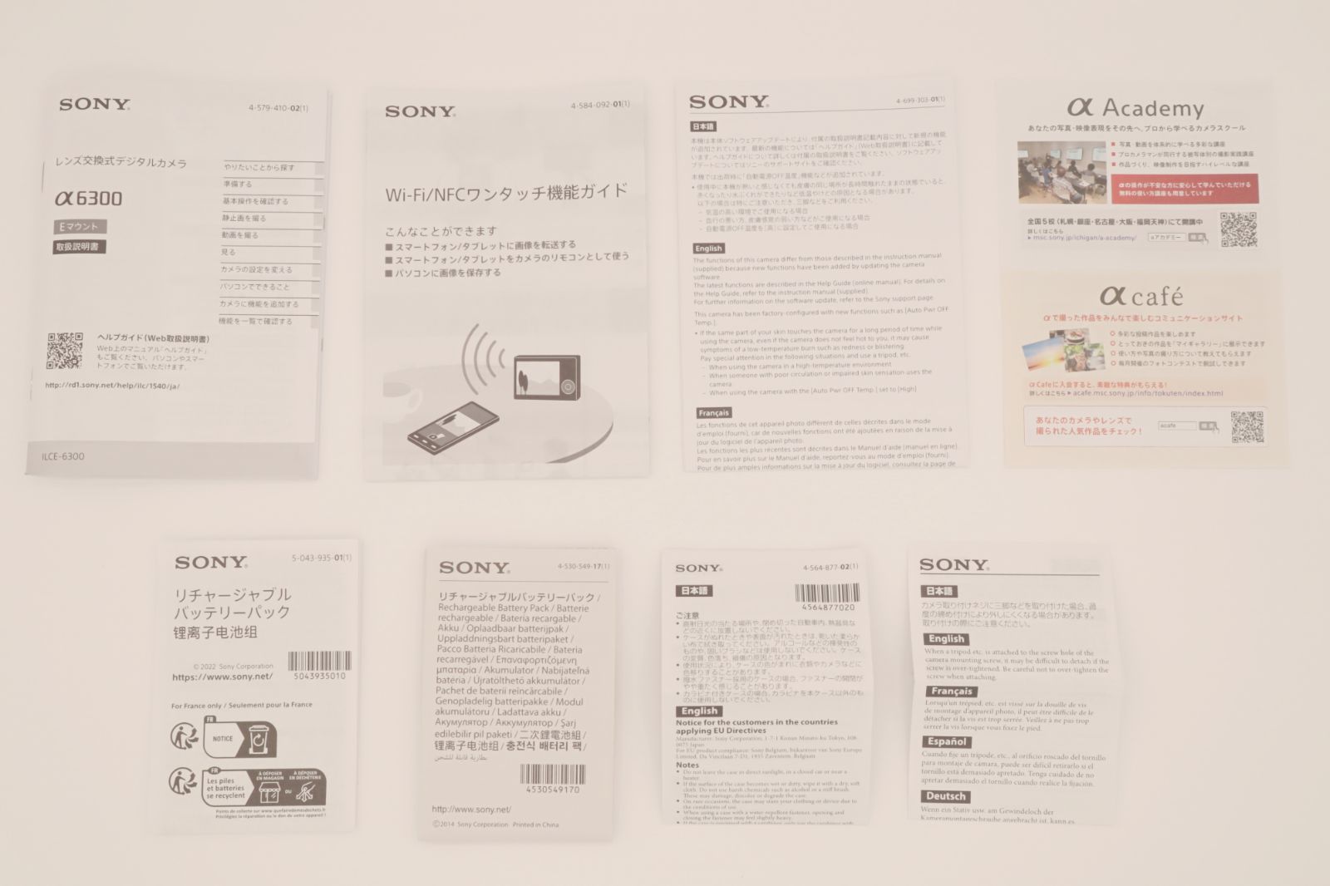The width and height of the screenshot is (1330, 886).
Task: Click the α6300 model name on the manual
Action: [88, 199]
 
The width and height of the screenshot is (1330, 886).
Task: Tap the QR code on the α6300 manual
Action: [65, 351]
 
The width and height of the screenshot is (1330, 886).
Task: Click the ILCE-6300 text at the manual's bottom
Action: [63, 456]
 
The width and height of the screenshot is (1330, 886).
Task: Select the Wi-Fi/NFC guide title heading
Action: [505, 193]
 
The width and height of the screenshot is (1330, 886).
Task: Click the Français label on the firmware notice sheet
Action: [713, 413]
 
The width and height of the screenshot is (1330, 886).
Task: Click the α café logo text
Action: [1140, 296]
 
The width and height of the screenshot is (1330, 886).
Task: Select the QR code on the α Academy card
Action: [1238, 229]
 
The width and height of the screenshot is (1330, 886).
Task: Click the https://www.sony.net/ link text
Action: [222, 677]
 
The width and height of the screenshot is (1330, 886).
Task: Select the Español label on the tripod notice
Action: [946, 741]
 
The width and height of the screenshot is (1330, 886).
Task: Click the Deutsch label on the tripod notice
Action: [946, 796]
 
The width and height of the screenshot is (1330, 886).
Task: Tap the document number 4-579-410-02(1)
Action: [278, 109]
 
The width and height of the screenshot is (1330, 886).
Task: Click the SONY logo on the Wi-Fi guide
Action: [420, 111]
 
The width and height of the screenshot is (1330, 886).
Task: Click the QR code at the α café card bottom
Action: [1247, 426]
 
